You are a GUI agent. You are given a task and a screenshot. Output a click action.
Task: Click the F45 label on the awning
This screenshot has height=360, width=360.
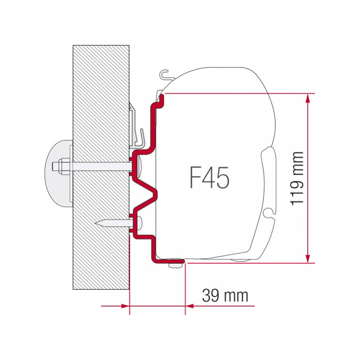[x=209, y=177]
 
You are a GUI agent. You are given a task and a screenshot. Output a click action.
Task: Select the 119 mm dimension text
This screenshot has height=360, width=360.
[x=297, y=178]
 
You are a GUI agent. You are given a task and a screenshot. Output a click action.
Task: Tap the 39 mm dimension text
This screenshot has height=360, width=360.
[x=225, y=296]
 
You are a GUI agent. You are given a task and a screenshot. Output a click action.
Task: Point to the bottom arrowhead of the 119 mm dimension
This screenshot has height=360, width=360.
[x=308, y=258]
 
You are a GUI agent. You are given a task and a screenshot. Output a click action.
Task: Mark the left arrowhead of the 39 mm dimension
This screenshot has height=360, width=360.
[x=126, y=306]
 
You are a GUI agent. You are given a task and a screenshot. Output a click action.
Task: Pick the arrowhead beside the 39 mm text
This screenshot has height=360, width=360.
[x=189, y=306]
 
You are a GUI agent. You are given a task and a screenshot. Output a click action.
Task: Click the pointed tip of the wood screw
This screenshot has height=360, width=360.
[x=95, y=222]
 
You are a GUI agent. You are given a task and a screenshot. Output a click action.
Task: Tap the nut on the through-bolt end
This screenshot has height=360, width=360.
[x=62, y=166]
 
